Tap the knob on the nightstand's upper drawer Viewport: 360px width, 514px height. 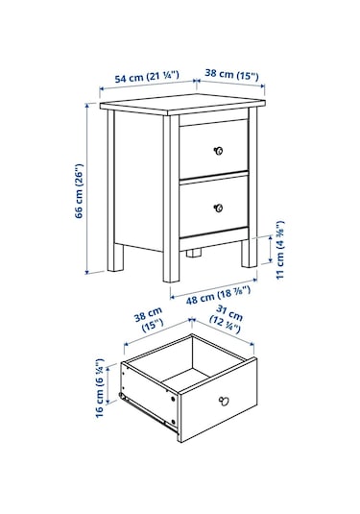click(218, 150)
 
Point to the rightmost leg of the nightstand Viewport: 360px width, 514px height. click(248, 253)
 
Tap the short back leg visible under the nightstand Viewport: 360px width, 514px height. click(195, 256)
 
